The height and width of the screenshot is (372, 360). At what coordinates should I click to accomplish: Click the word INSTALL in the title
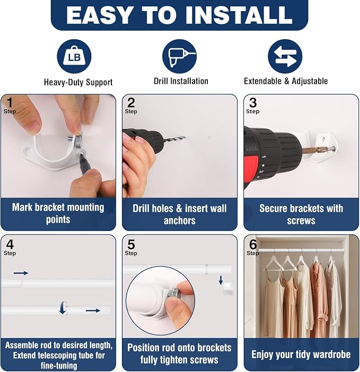pos(239,15)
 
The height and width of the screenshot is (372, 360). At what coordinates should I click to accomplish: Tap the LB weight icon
pos(74,56)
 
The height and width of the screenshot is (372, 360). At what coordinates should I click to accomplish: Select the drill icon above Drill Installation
pos(179,56)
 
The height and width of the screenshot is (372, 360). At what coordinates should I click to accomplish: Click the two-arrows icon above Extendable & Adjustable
pos(285,56)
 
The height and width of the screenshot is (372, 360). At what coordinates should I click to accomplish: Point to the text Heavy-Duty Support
pos(78,82)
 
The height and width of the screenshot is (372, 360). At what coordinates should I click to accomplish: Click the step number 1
pos(10,103)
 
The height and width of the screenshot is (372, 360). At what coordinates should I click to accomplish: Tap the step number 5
pos(131,245)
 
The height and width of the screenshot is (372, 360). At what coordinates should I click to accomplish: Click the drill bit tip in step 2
pos(185,137)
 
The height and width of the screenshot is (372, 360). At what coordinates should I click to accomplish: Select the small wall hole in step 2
pos(209,137)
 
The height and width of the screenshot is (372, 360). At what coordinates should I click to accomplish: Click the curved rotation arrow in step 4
pos(63,307)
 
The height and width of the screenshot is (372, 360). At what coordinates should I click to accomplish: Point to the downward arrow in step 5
pos(221,280)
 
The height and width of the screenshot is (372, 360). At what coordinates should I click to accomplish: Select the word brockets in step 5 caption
pos(214,348)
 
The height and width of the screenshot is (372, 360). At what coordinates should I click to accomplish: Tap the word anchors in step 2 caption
pos(179,221)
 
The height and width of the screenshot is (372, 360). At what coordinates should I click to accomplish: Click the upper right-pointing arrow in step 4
pos(21,273)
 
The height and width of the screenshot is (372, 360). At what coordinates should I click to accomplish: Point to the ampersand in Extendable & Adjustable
pos(287,81)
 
